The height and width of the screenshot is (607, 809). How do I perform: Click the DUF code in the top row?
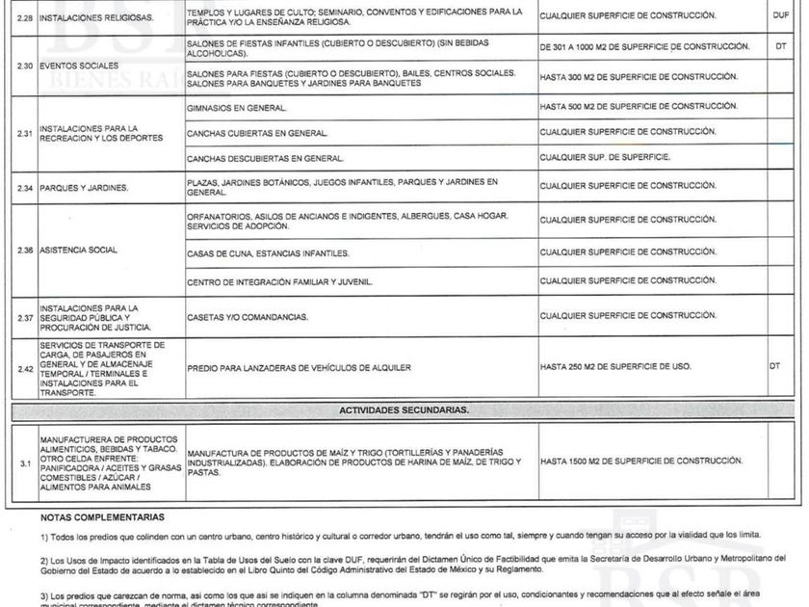[780, 16]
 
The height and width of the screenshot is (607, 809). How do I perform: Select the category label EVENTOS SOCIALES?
[73, 66]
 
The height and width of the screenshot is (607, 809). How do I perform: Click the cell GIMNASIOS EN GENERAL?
[236, 108]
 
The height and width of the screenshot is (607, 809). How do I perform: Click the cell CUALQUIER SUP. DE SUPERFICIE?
[606, 156]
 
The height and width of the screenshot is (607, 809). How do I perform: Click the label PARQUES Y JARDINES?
[84, 188]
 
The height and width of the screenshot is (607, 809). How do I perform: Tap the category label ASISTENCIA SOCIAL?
[79, 251]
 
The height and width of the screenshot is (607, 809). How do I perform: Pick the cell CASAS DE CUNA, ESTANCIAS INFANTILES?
[268, 254]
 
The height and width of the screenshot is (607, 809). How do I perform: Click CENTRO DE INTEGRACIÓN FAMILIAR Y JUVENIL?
[279, 282]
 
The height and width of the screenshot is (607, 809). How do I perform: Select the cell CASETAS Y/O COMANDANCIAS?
[248, 317]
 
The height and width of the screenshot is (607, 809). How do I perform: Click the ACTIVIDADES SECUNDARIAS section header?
[404, 409]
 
